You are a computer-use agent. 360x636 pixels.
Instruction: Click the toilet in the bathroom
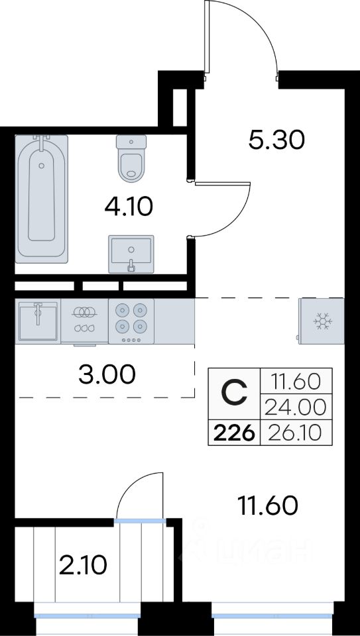tap(131, 158)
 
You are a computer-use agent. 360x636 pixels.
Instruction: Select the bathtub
tap(41, 199)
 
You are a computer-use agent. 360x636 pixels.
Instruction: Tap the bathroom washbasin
tap(131, 254)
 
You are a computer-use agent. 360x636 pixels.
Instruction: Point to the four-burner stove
tap(131, 321)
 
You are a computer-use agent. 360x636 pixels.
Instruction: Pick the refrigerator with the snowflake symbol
tap(321, 321)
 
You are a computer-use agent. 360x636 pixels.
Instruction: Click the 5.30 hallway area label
tap(276, 140)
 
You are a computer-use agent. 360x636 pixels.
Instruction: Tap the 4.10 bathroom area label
tap(129, 207)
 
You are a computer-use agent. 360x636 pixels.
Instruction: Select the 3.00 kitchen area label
tap(107, 375)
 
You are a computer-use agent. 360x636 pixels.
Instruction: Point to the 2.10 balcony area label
tap(83, 566)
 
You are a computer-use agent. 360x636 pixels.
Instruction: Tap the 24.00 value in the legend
tap(295, 407)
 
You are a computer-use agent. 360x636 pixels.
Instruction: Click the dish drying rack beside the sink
tap(84, 321)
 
